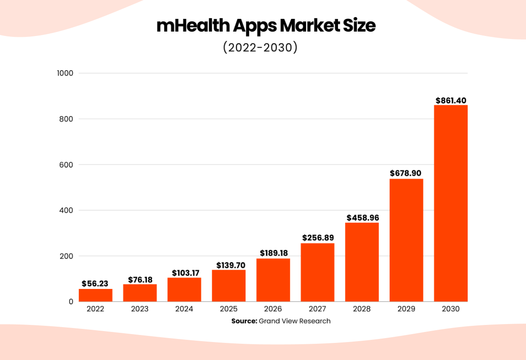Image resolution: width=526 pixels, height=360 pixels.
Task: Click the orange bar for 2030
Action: click(x=451, y=203)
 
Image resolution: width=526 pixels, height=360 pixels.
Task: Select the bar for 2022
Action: click(x=96, y=295)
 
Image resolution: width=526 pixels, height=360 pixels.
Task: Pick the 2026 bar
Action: click(x=273, y=280)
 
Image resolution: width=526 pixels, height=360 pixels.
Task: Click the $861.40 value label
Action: click(x=451, y=100)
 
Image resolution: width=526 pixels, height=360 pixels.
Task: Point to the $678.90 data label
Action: click(x=406, y=173)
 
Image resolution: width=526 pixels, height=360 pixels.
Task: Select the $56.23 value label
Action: click(x=95, y=284)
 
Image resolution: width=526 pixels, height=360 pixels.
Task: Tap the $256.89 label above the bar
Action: click(x=318, y=238)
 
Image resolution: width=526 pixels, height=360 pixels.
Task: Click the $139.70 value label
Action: click(x=229, y=265)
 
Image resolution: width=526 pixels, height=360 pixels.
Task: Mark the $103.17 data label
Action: click(x=184, y=273)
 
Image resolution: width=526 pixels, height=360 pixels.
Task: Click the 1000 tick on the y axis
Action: click(x=64, y=73)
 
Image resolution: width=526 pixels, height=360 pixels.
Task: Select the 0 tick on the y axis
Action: click(x=71, y=302)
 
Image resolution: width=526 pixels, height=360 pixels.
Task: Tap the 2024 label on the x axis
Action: click(x=184, y=309)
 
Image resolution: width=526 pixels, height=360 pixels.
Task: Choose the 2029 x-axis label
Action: click(x=406, y=309)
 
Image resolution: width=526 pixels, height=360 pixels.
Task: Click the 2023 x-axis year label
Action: click(x=140, y=309)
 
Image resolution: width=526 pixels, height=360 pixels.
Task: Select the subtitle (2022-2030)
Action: click(x=260, y=47)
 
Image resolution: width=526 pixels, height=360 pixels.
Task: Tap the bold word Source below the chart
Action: click(x=244, y=321)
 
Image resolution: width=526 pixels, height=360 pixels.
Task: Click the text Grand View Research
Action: click(x=295, y=321)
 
